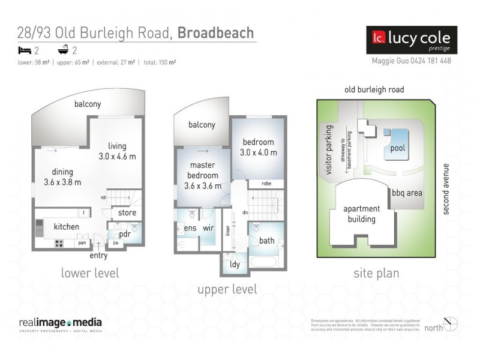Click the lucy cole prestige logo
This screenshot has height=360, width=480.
[412, 40]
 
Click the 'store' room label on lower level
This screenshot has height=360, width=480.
[127, 212]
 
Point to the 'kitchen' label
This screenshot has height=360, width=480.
[66, 227]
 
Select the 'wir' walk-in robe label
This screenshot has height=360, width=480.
[209, 228]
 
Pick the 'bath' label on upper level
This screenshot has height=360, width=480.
[266, 241]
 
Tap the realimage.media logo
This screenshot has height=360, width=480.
[59, 323]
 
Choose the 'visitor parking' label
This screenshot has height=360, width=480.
[328, 150]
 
